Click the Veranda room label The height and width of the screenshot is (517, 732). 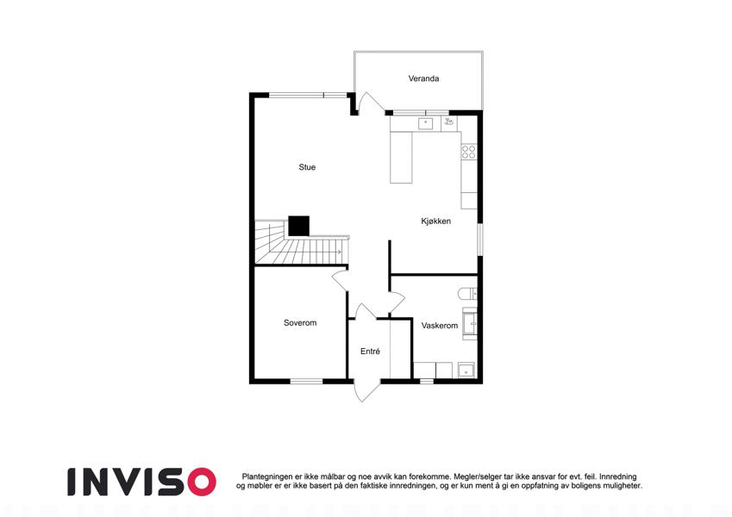(423, 78)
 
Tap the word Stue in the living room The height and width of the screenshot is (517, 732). (307, 167)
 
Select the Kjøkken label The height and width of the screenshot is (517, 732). (436, 221)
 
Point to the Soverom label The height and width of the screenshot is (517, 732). (300, 323)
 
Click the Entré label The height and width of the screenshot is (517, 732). (370, 352)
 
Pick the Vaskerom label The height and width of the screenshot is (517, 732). (440, 326)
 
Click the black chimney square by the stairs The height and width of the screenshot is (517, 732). (299, 226)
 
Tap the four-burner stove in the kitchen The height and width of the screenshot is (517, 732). (469, 153)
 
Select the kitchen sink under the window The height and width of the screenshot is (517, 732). (425, 124)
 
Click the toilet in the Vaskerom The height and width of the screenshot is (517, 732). (467, 294)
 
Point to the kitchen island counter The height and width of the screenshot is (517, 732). (401, 157)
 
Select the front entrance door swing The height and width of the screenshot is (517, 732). (367, 391)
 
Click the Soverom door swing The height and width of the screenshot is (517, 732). (341, 282)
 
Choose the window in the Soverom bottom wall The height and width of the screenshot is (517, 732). (307, 382)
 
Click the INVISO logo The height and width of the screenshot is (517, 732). (142, 482)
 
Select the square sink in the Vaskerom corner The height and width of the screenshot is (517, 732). (466, 370)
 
